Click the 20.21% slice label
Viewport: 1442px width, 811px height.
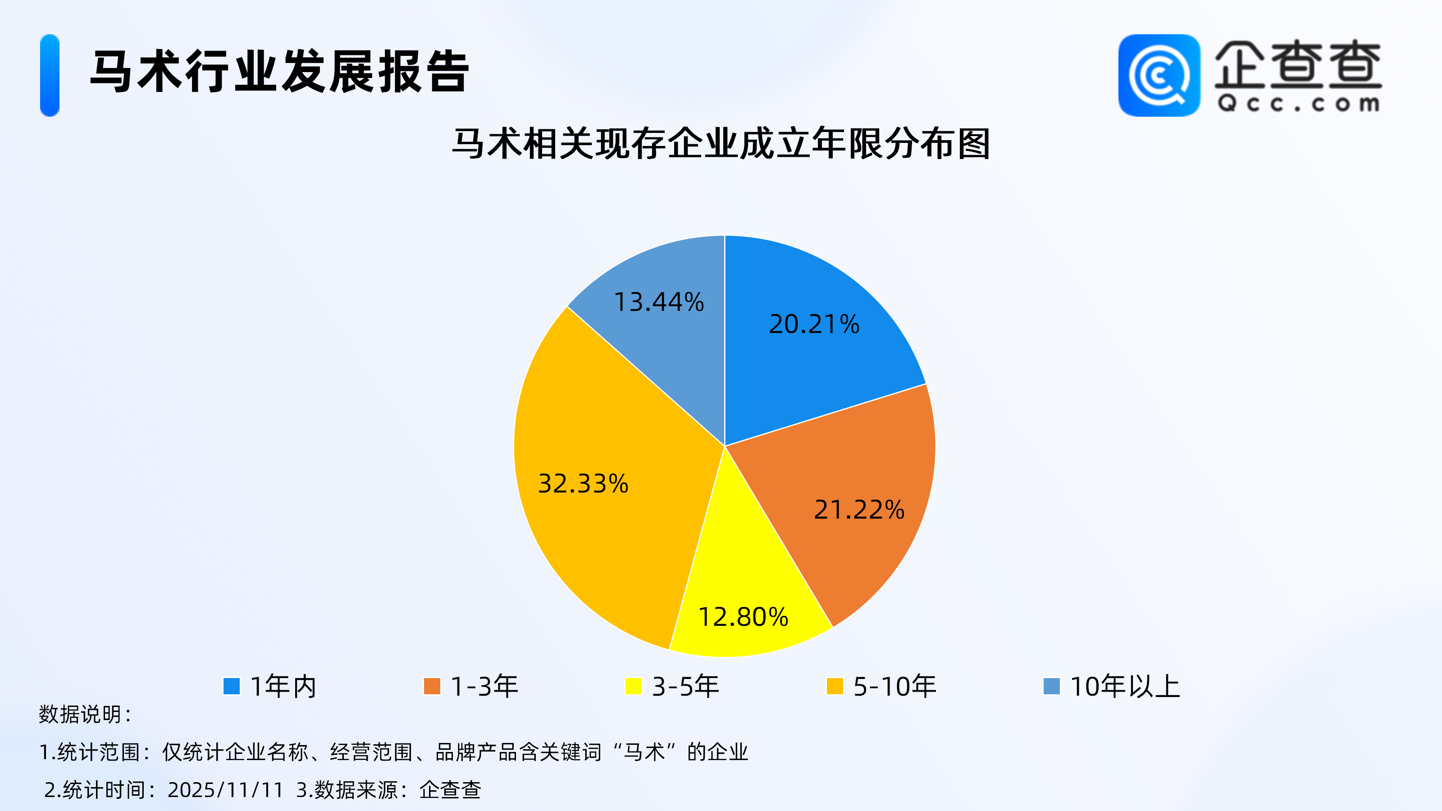click(x=814, y=324)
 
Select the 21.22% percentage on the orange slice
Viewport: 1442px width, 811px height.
click(x=859, y=510)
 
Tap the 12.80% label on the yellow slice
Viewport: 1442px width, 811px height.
click(x=744, y=617)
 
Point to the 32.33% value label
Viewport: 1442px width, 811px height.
click(x=583, y=483)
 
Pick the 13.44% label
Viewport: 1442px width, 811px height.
click(x=659, y=302)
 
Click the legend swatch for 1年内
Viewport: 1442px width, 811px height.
click(x=231, y=686)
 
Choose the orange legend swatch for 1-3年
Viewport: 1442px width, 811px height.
click(x=432, y=686)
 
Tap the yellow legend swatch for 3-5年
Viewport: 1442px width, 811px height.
click(x=633, y=686)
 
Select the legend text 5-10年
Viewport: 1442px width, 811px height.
click(x=894, y=686)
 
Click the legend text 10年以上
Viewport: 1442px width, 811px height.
click(x=1125, y=686)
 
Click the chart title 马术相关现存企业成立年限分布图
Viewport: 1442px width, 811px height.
click(x=721, y=144)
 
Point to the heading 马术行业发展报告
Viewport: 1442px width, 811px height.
click(x=279, y=71)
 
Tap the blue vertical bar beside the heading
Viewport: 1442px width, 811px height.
click(x=50, y=76)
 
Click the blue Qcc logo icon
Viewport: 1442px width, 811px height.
click(x=1159, y=76)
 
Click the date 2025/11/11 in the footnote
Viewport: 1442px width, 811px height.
click(x=226, y=790)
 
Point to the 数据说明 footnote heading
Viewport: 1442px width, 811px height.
click(x=85, y=715)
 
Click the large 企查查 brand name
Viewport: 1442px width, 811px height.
click(x=1298, y=64)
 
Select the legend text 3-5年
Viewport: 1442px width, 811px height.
click(x=686, y=686)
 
